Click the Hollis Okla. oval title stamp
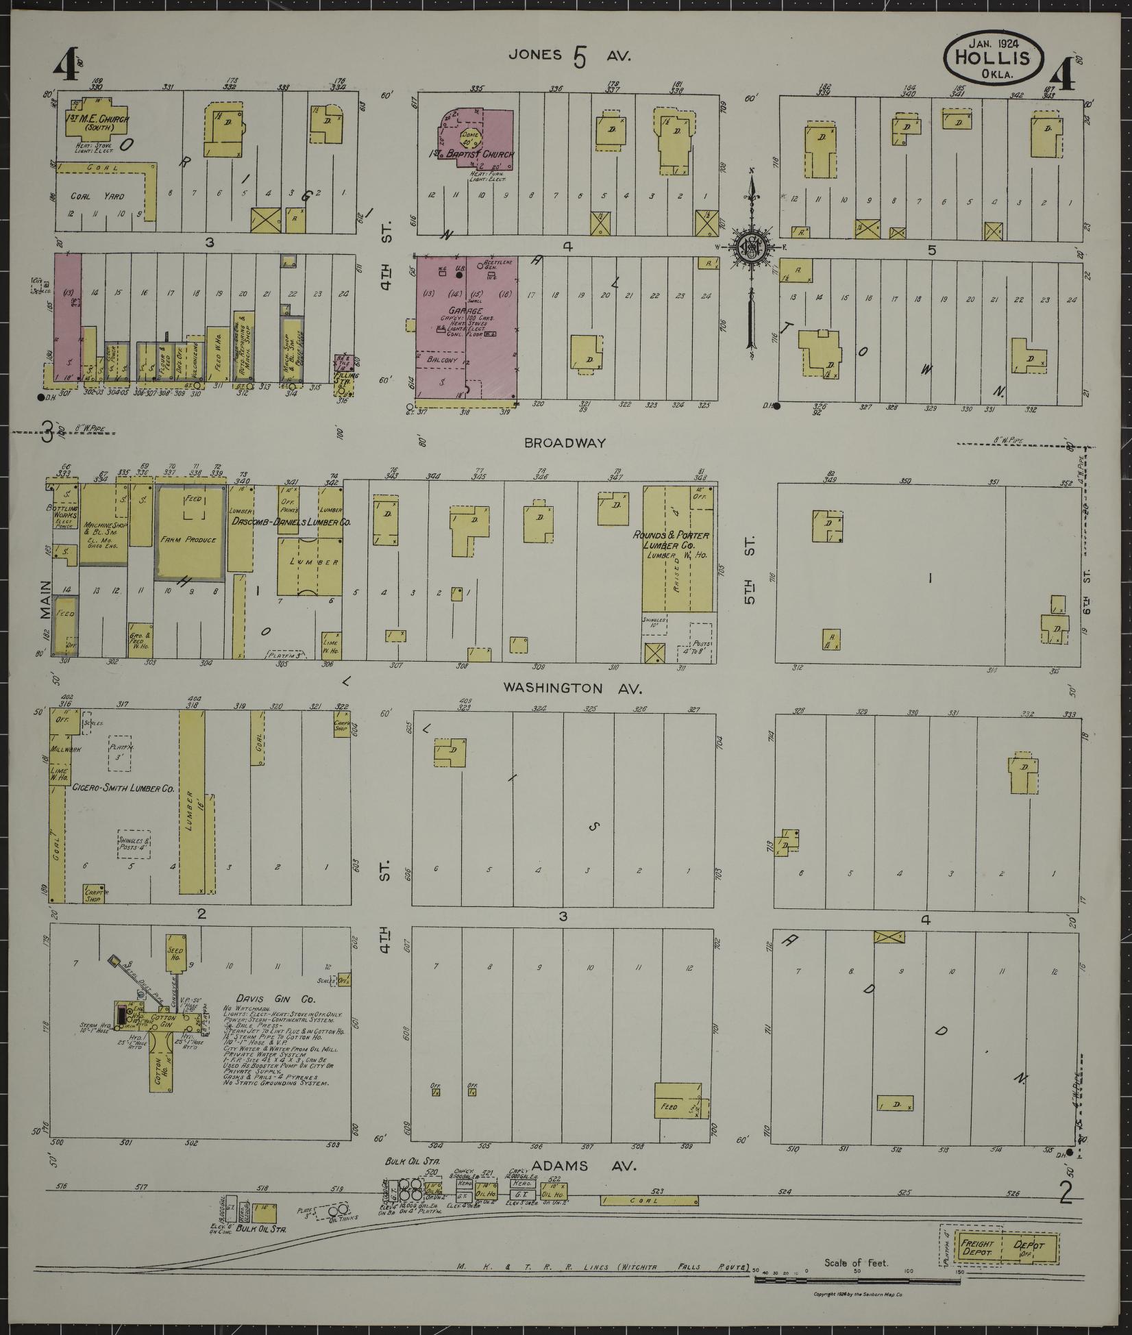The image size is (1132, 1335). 993,58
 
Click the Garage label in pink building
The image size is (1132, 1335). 463,310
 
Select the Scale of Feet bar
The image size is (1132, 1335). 857,1278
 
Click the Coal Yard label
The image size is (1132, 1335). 97,196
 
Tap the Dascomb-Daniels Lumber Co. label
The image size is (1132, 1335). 291,522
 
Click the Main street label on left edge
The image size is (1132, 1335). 46,599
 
